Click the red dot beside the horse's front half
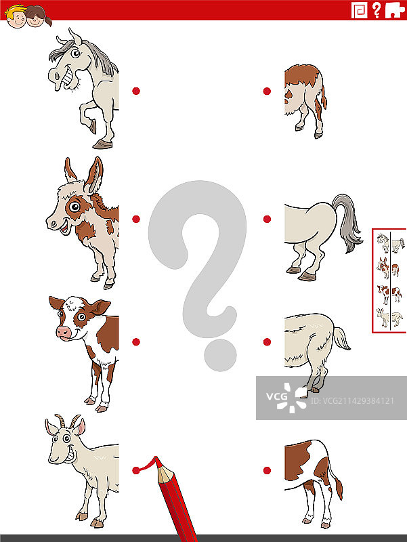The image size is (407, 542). click(x=136, y=91)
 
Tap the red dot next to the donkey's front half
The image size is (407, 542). click(x=136, y=219)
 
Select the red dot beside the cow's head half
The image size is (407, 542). click(x=136, y=342)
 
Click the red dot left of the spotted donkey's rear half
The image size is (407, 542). click(x=267, y=91)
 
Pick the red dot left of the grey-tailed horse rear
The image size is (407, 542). click(x=267, y=219)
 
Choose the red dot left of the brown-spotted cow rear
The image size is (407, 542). click(x=267, y=470)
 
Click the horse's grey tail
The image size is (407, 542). click(x=347, y=222)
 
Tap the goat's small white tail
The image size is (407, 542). click(x=341, y=338)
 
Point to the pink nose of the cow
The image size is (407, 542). click(x=64, y=332)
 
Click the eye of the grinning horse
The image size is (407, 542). click(x=75, y=54)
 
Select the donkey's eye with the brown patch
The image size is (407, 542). click(x=74, y=207)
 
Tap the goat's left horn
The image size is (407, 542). click(x=60, y=421)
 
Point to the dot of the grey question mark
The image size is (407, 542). click(x=220, y=355)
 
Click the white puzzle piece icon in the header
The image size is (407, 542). click(x=395, y=9)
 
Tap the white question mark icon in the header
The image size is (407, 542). click(x=377, y=10)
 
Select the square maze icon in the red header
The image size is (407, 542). click(x=360, y=10)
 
